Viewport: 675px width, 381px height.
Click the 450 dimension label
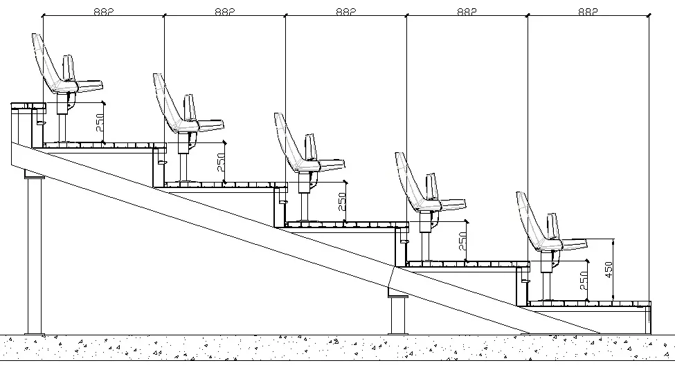(x=609, y=268)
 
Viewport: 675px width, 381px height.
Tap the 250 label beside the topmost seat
(x=99, y=123)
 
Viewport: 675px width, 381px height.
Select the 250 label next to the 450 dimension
(x=583, y=281)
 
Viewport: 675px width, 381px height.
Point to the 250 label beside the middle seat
(x=341, y=201)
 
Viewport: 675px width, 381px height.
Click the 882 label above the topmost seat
(x=103, y=12)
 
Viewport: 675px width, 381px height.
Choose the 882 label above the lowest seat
(x=588, y=12)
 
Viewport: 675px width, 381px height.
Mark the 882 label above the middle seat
(x=345, y=12)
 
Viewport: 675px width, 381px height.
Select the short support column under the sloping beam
(x=398, y=315)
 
